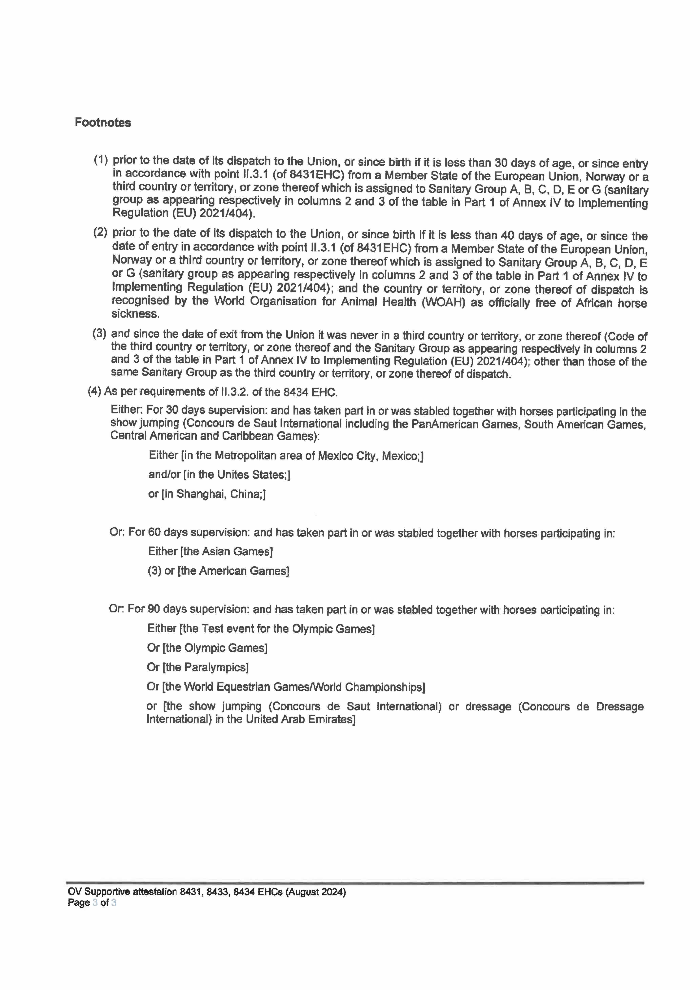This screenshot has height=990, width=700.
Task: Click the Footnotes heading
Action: pyautogui.click(x=103, y=122)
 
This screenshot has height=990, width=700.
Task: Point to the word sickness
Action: pyautogui.click(x=135, y=314)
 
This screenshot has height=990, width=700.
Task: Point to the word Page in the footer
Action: pyautogui.click(x=78, y=902)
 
